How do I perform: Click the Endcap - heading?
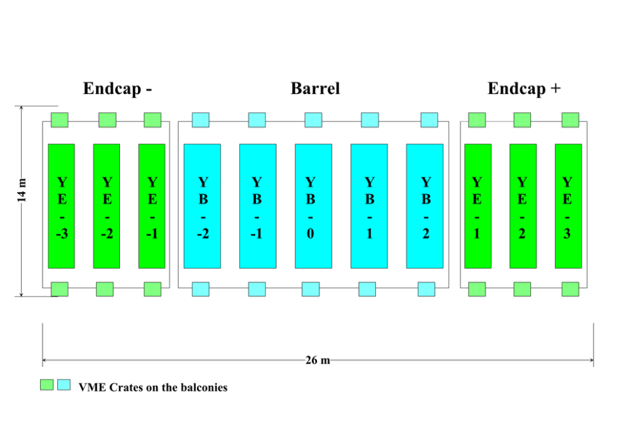point(117,89)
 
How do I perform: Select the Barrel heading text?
point(315,89)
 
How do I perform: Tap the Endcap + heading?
point(524,89)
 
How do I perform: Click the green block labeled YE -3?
point(62,206)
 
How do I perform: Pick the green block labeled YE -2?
point(107,206)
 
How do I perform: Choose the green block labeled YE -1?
point(152,206)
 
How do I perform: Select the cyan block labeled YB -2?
point(203,206)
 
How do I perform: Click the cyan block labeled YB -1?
point(258,206)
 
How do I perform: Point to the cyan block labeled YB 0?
point(314,206)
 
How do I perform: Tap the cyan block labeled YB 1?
point(369,206)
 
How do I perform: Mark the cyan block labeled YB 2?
point(425,206)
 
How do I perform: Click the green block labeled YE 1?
point(478,206)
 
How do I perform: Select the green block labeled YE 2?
point(523,206)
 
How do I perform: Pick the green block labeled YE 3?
point(568,206)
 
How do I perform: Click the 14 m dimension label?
point(23,191)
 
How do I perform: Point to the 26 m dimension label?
point(318,361)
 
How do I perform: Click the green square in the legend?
point(47,385)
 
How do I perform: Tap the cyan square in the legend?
point(64,385)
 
